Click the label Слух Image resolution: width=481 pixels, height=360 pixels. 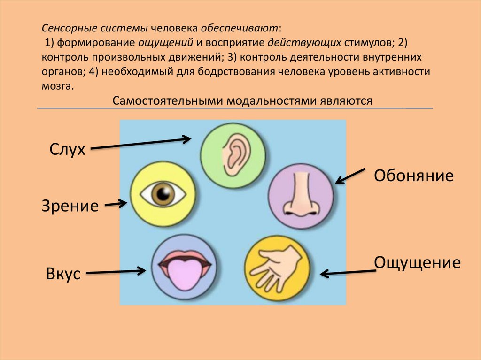point(68,150)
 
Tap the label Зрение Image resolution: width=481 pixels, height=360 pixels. point(70,205)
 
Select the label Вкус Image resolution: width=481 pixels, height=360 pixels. point(63,273)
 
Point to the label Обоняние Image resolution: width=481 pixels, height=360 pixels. point(413,176)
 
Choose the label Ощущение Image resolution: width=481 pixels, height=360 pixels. point(417,262)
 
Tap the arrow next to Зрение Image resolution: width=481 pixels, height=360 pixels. point(116,204)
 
